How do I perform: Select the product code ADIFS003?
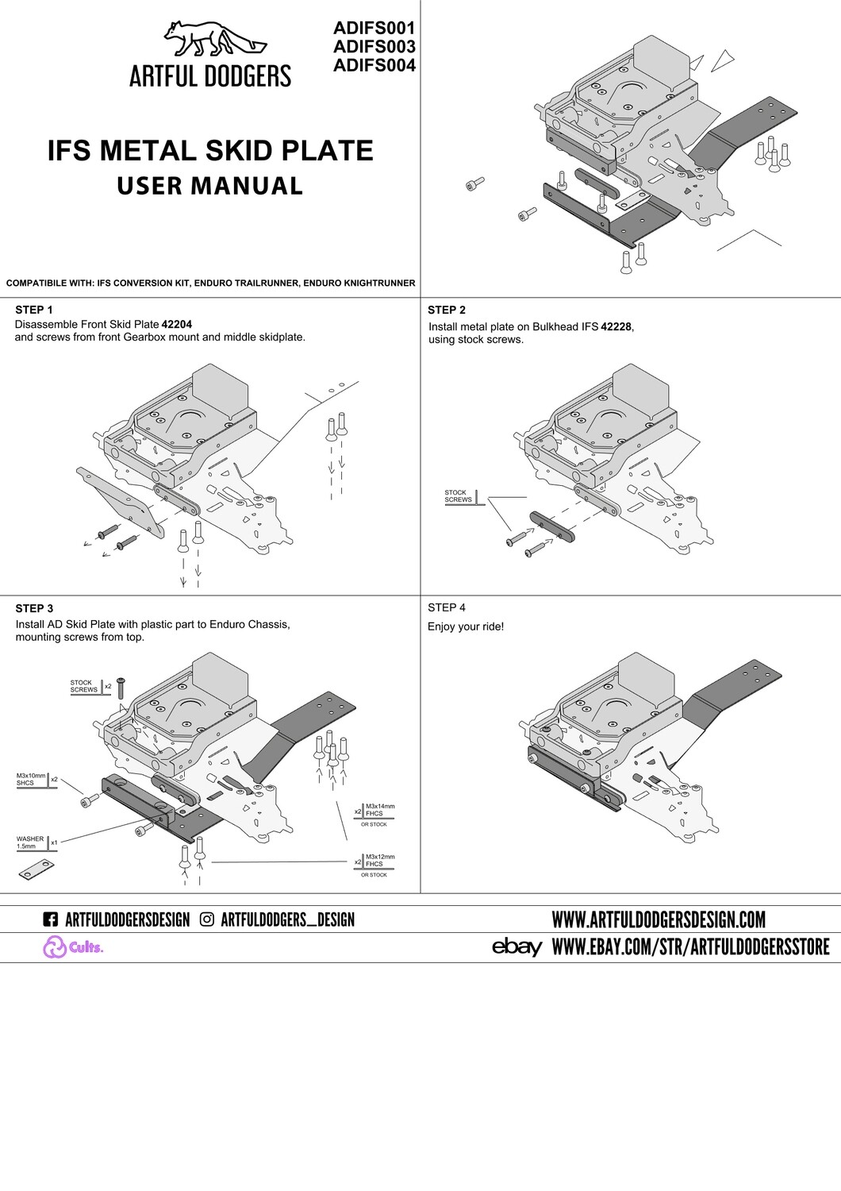click(x=374, y=48)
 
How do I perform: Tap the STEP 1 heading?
click(x=34, y=310)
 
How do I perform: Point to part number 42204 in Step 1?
click(x=177, y=325)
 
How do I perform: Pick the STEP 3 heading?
click(x=34, y=608)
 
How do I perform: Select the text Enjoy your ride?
click(x=466, y=626)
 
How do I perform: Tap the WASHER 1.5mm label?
click(x=30, y=842)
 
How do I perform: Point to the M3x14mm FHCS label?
click(x=380, y=810)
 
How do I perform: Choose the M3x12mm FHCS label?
click(x=380, y=860)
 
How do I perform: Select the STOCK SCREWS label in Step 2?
click(x=458, y=496)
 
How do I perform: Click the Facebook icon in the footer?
click(x=50, y=919)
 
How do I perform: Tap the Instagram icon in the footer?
click(x=207, y=919)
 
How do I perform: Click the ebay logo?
click(x=517, y=946)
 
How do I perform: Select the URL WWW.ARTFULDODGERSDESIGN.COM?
click(x=659, y=919)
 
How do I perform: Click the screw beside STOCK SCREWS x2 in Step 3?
click(x=121, y=688)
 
